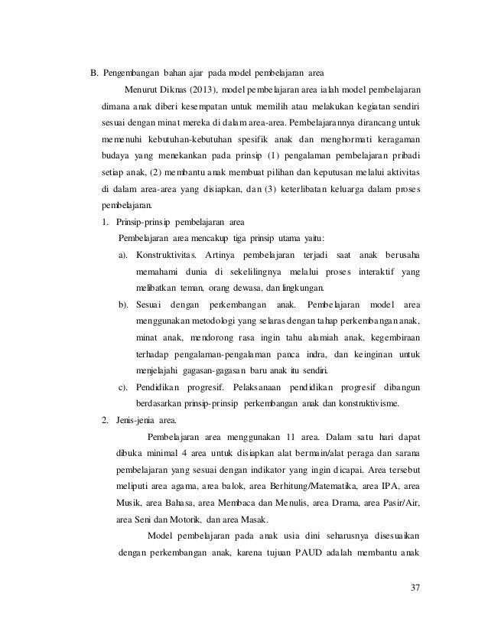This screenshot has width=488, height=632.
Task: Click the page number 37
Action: pos(415,587)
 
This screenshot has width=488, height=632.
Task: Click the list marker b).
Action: pos(122,305)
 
